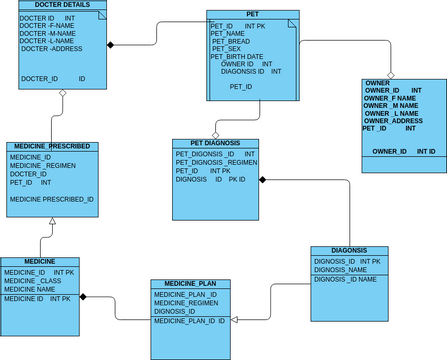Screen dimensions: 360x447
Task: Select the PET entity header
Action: tap(252, 14)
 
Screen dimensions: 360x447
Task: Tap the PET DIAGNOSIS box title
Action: tap(214, 143)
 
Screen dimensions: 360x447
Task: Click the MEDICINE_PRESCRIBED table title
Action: tap(52, 146)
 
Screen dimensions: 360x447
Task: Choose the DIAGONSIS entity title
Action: tap(349, 250)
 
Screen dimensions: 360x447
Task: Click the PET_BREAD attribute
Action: tap(231, 41)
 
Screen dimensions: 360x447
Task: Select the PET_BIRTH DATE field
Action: tap(237, 56)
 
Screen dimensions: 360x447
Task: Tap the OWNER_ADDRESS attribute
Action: tap(394, 120)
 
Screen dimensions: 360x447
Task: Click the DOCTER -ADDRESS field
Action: tap(52, 48)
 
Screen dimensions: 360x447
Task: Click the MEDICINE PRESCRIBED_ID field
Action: tap(52, 199)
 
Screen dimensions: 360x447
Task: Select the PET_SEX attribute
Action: tap(226, 49)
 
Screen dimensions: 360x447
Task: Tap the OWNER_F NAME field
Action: tap(391, 98)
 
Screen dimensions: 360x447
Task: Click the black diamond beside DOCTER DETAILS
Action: tap(111, 45)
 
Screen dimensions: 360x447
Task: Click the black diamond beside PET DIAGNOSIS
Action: tap(264, 180)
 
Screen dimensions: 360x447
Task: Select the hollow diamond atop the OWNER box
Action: tap(391, 74)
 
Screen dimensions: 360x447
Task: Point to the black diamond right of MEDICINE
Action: tap(84, 297)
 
